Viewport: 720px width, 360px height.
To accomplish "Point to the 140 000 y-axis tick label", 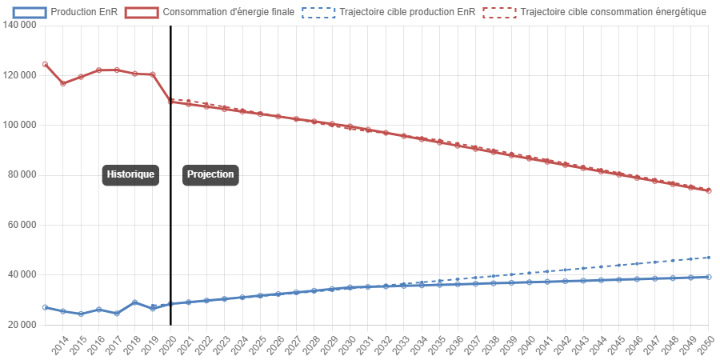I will [20, 25].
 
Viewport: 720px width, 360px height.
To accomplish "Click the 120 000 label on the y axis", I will [20, 75].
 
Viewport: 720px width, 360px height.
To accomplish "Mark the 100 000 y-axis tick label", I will [20, 125].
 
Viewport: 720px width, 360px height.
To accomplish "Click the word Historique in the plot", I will [130, 174].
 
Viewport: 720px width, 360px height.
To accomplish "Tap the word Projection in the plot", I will [210, 174].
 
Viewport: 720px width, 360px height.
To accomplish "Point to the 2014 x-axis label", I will [59, 345].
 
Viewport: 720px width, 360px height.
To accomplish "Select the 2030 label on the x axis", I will [347, 345].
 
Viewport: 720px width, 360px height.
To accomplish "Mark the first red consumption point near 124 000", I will [45, 64].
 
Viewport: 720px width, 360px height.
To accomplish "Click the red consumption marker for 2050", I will [709, 190].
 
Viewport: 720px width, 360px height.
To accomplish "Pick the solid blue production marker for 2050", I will [709, 277].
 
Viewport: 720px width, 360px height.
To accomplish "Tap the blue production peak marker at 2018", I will [134, 302].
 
